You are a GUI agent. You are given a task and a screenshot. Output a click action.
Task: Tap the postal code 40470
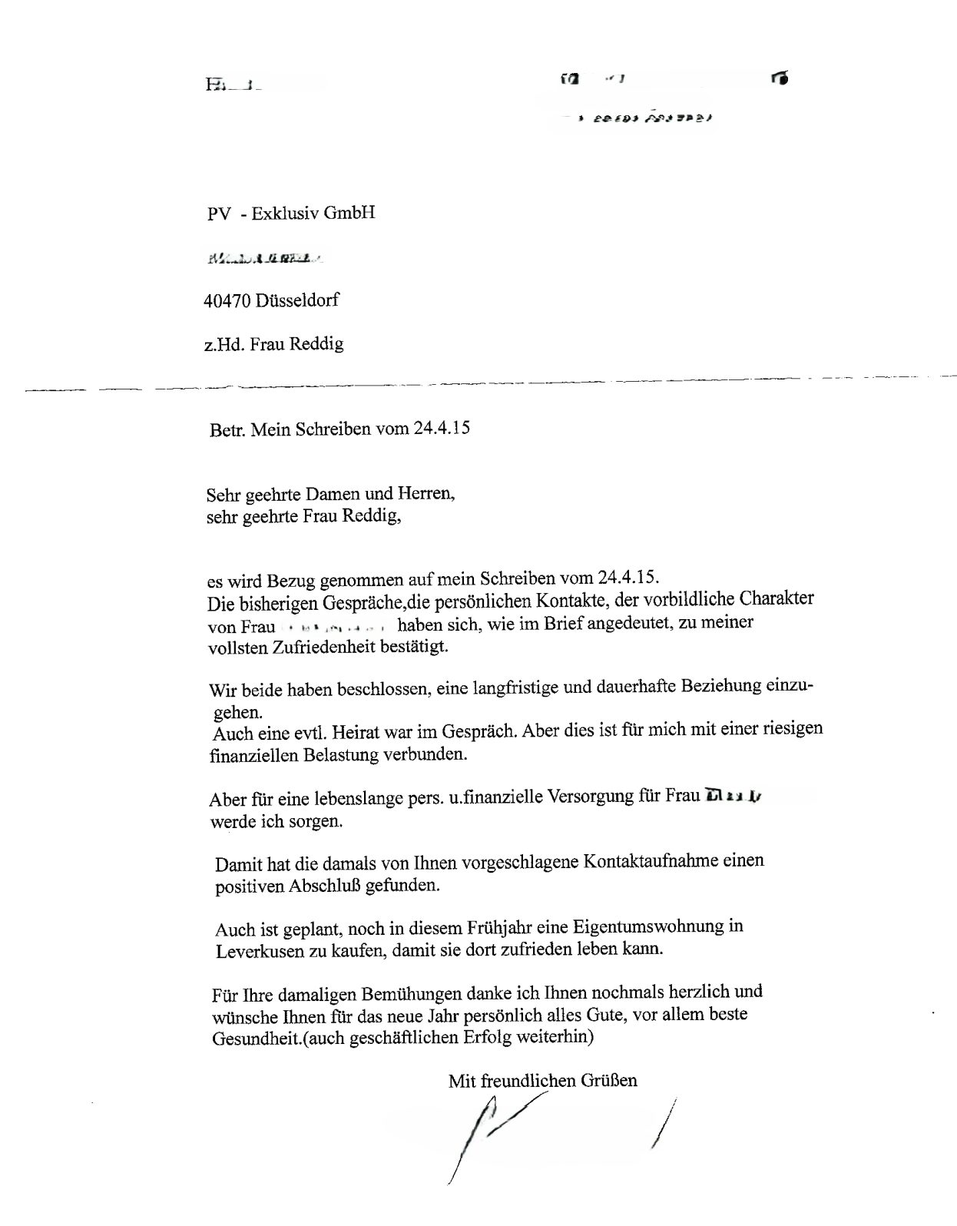228,300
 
